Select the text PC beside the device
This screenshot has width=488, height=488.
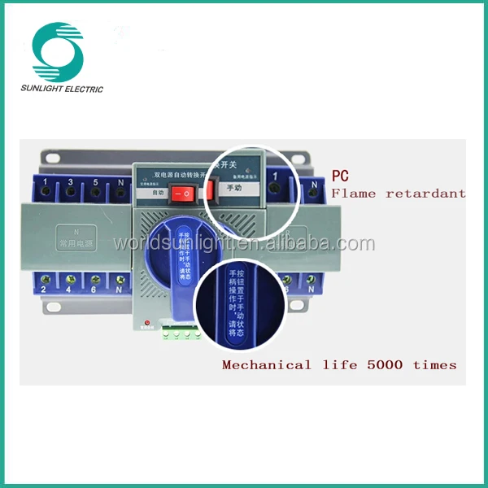click(x=340, y=175)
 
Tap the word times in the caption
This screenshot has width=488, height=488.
click(x=434, y=364)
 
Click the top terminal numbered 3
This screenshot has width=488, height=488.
click(x=72, y=190)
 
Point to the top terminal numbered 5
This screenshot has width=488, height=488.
click(x=96, y=190)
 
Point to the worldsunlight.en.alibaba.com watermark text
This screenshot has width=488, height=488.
click(x=244, y=242)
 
